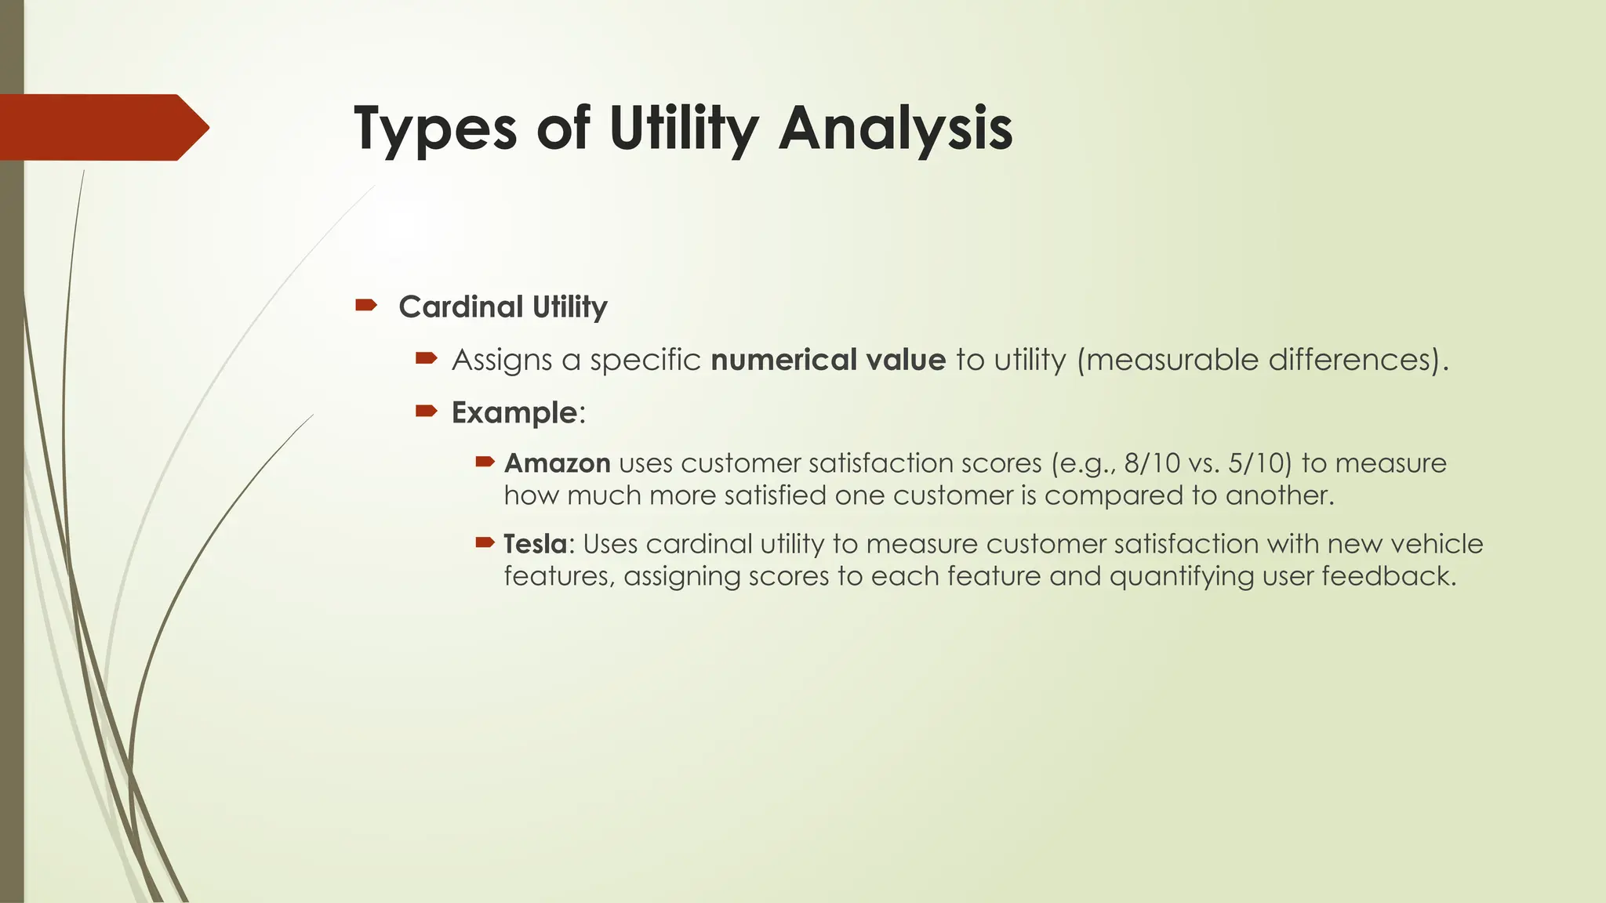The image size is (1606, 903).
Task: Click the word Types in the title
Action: pos(435,129)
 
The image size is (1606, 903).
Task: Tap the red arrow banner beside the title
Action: pos(102,127)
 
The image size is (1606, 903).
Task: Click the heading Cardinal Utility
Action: pos(503,306)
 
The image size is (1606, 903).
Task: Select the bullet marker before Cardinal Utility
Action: pos(365,305)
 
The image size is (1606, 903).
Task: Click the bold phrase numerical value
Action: pos(828,360)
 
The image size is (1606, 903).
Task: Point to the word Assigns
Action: pos(502,360)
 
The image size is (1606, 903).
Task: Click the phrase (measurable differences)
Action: pos(1263,360)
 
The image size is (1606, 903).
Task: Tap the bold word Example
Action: pos(514,412)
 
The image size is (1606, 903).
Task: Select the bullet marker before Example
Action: pos(426,411)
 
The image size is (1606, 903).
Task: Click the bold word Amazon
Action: pos(557,463)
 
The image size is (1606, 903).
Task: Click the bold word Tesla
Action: pos(536,544)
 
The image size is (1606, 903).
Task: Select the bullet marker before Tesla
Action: pos(485,542)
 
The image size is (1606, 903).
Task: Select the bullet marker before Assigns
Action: pos(426,358)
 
